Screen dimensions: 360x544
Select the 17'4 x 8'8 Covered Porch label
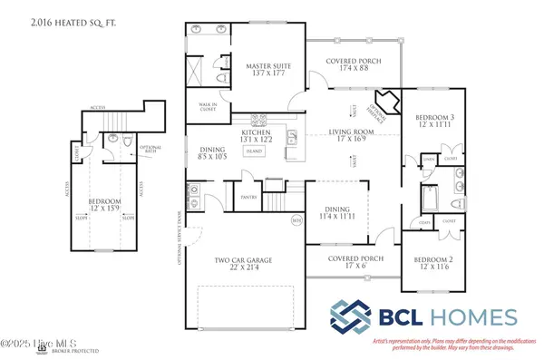pos(356,64)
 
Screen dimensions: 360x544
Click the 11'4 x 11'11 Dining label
pos(338,214)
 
